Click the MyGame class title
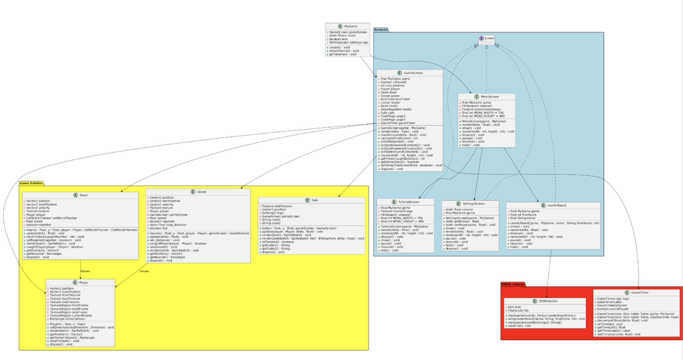click(350, 26)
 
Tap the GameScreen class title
click(413, 73)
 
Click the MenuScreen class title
click(489, 97)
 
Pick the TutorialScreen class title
click(408, 202)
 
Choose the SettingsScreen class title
click(473, 204)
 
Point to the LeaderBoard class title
click(556, 205)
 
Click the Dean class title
click(83, 195)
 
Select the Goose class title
click(201, 192)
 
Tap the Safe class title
click(315, 200)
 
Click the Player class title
click(83, 283)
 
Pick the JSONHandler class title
click(548, 301)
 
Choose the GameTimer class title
click(639, 293)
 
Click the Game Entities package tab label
click(31, 183)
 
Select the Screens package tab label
click(380, 30)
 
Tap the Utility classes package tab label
click(513, 284)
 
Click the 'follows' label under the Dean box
click(85, 271)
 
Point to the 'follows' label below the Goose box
click(144, 271)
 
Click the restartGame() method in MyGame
click(344, 51)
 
